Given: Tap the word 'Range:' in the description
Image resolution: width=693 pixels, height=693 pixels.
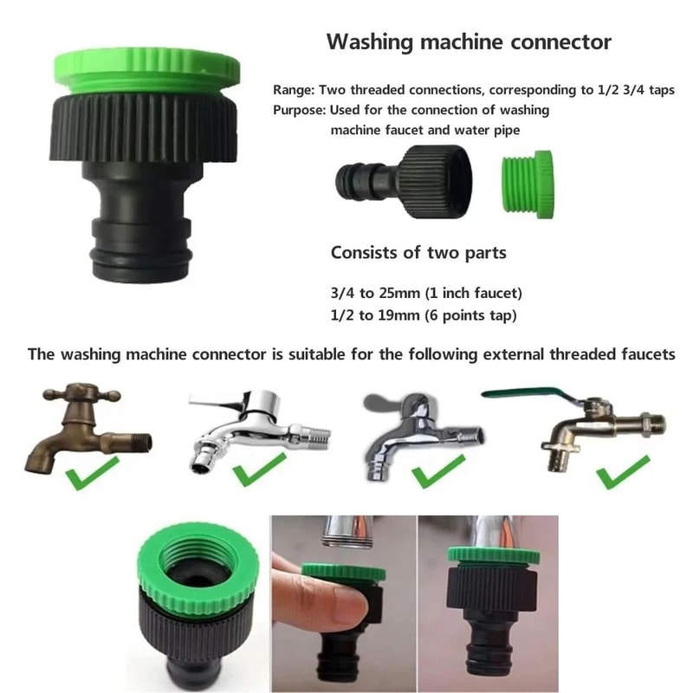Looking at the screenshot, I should (x=295, y=90).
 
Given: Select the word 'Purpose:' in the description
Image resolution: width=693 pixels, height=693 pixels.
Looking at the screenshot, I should (x=300, y=111).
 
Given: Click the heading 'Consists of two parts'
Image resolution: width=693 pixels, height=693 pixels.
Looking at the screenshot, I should (x=418, y=254).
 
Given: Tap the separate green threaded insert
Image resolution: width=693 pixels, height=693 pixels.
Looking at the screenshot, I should (x=527, y=184).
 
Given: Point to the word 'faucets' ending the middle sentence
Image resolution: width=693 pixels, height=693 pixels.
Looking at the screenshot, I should (x=644, y=354).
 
